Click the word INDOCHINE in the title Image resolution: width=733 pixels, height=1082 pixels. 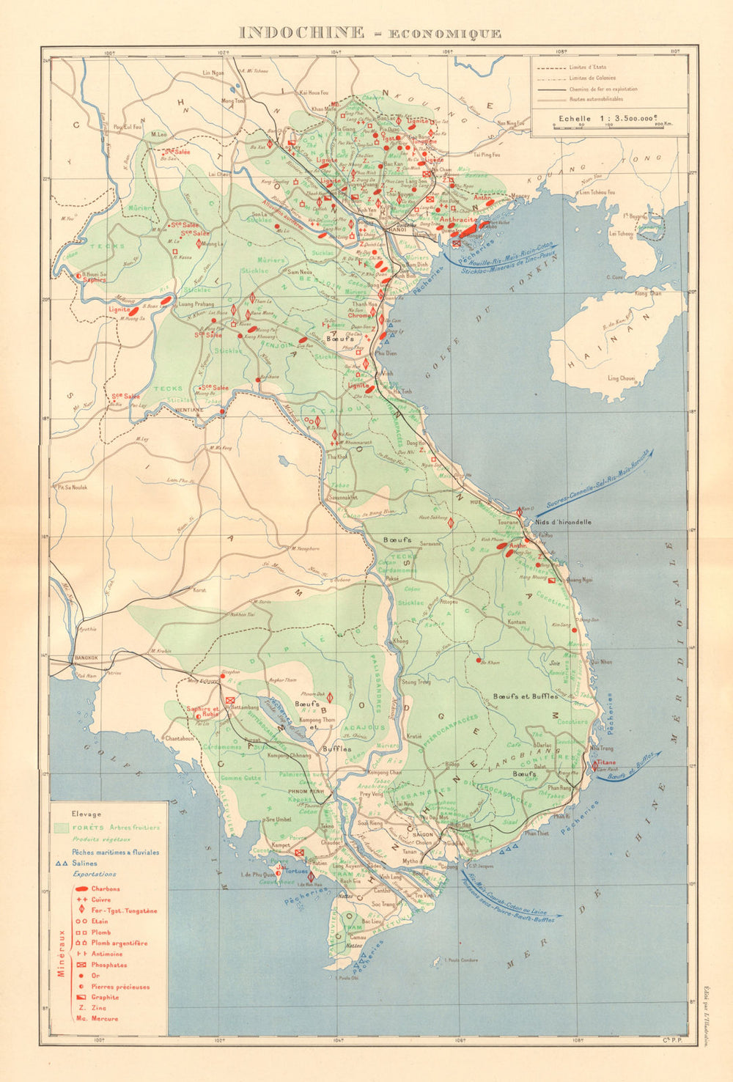(303, 32)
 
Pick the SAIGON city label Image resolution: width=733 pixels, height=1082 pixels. (422, 835)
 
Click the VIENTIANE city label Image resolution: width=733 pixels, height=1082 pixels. (189, 410)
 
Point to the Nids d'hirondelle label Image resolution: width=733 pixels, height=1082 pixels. (562, 522)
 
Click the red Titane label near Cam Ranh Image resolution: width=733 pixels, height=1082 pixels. (605, 762)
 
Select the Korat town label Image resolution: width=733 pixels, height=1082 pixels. (199, 589)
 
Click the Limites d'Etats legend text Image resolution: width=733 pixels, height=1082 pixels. (586, 67)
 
